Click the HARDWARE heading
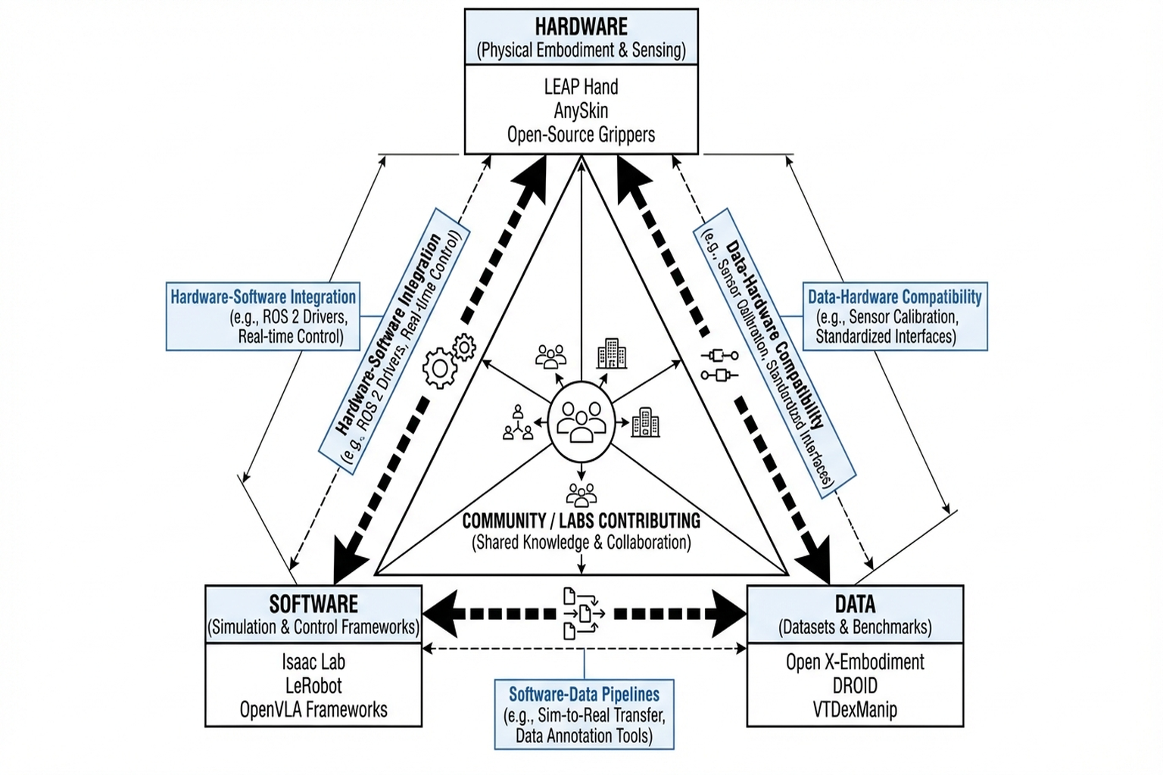tap(581, 26)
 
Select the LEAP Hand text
tap(581, 86)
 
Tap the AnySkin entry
tap(581, 110)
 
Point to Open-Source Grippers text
tap(581, 135)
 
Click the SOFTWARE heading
tap(313, 604)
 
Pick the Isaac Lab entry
tap(313, 662)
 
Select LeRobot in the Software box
tap(313, 686)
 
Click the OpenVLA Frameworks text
tap(313, 710)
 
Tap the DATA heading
tap(855, 604)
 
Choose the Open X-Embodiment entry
tap(855, 662)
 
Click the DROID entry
tap(855, 686)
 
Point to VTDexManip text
tap(855, 710)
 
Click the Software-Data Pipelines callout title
tap(584, 694)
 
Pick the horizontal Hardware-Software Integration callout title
tap(263, 297)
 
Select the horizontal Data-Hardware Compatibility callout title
tap(894, 297)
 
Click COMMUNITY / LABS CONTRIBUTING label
tap(581, 521)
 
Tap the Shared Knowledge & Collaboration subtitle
tap(581, 543)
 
